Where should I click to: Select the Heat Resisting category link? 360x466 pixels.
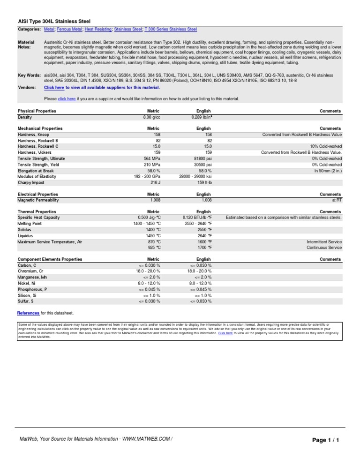[x=98, y=29]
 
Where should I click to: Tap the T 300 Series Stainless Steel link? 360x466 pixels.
[x=171, y=29]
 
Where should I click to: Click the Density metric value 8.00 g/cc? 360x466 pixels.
[x=152, y=117]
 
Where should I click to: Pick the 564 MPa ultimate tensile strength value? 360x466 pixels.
[x=151, y=158]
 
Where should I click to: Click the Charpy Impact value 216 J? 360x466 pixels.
[x=155, y=182]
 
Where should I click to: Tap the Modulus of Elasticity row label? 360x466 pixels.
[x=37, y=176]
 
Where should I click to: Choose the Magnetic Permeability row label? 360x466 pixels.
[x=38, y=200]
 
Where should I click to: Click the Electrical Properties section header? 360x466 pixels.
[x=38, y=194]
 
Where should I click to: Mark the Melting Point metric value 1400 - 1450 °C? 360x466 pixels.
[x=147, y=224]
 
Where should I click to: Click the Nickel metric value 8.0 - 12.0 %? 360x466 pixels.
[x=149, y=283]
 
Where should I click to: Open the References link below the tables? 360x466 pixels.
[x=28, y=313]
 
